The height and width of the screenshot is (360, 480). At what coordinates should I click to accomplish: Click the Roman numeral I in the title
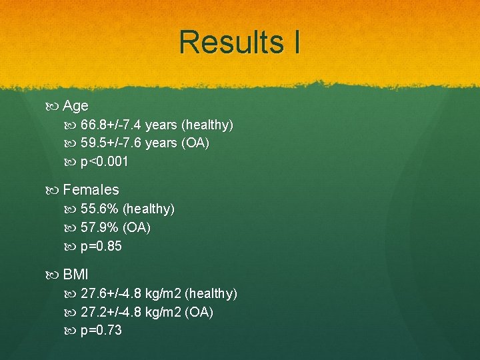(x=295, y=42)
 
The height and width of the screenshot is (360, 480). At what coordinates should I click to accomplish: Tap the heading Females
(x=91, y=190)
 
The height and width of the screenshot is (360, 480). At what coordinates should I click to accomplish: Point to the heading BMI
(x=75, y=275)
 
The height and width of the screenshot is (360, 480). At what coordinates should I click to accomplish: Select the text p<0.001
(x=105, y=161)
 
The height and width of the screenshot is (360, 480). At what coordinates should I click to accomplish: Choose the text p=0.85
(x=101, y=247)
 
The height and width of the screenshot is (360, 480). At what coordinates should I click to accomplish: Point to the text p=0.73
(x=101, y=331)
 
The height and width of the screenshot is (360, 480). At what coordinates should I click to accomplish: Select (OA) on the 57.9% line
(x=137, y=228)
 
